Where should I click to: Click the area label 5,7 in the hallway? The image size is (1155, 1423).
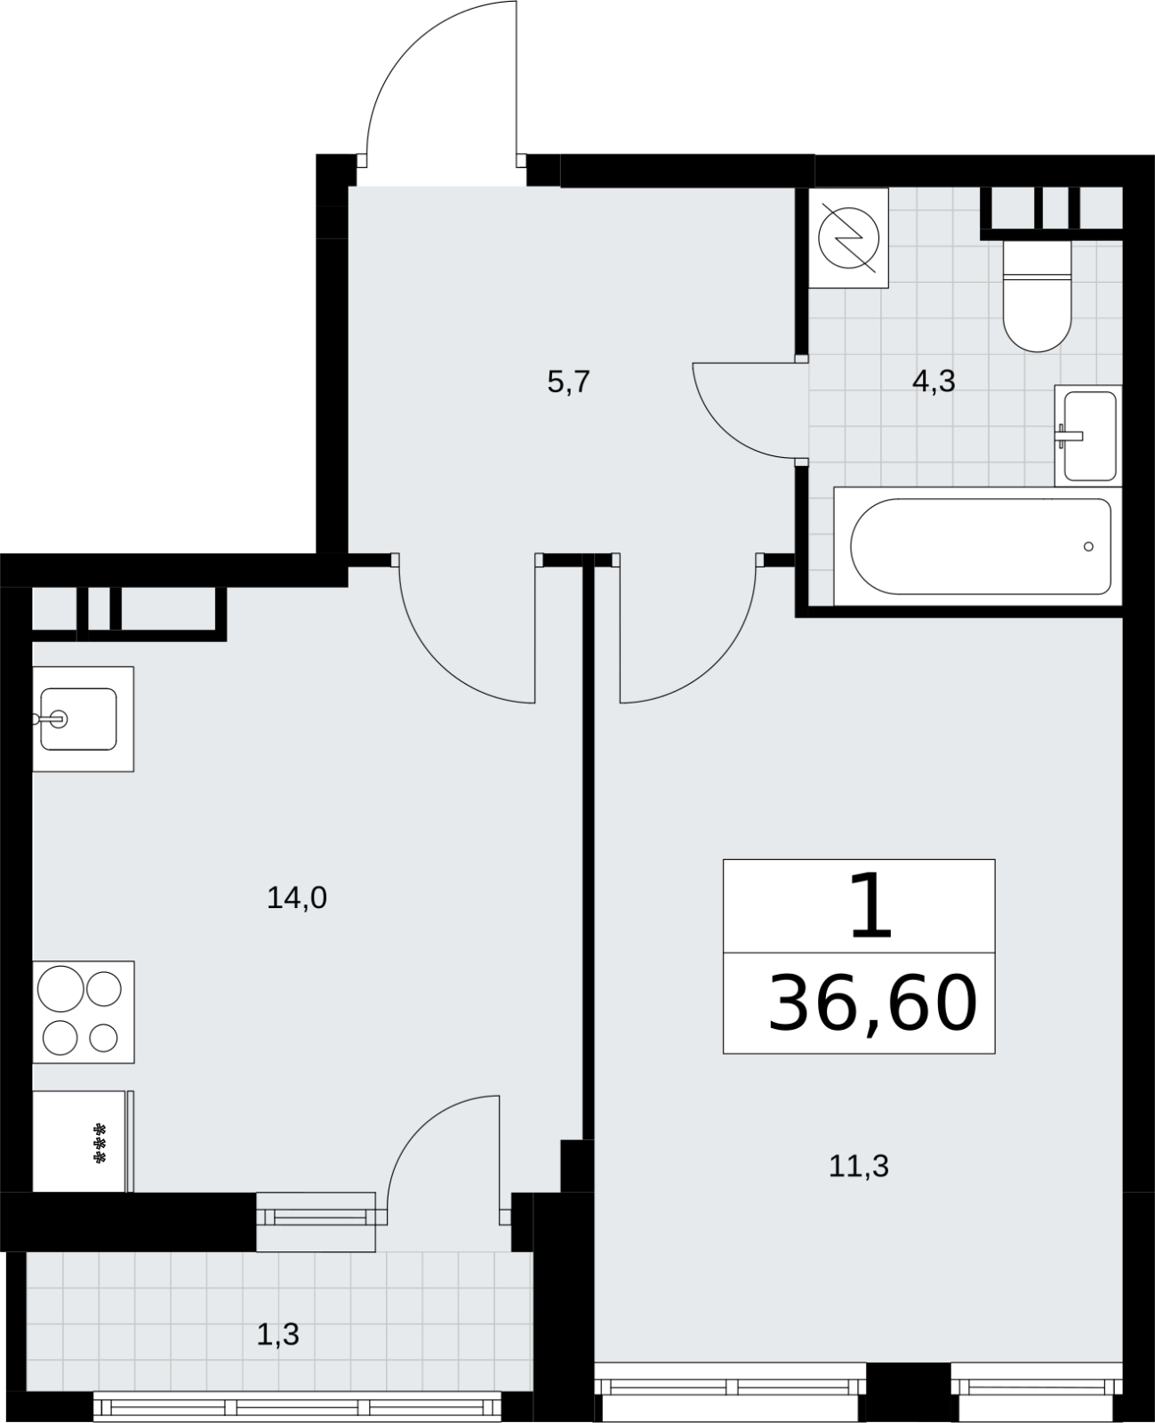tap(568, 382)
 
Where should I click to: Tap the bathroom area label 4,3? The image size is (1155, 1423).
tap(934, 382)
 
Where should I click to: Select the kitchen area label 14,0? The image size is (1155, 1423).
tap(297, 898)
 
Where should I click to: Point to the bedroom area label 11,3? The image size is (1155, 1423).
tap(858, 1167)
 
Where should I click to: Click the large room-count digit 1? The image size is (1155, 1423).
tap(870, 905)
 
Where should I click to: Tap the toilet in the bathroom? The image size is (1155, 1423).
tap(1037, 294)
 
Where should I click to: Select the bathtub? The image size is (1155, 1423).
tap(978, 546)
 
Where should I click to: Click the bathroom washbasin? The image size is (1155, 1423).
tap(1088, 436)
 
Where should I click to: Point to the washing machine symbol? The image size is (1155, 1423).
tap(848, 237)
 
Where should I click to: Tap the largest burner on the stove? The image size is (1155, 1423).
tap(60, 989)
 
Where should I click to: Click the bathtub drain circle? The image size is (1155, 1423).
tap(1088, 546)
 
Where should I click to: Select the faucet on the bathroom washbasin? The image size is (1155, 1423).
tap(1068, 438)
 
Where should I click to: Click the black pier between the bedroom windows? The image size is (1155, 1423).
tap(909, 1389)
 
